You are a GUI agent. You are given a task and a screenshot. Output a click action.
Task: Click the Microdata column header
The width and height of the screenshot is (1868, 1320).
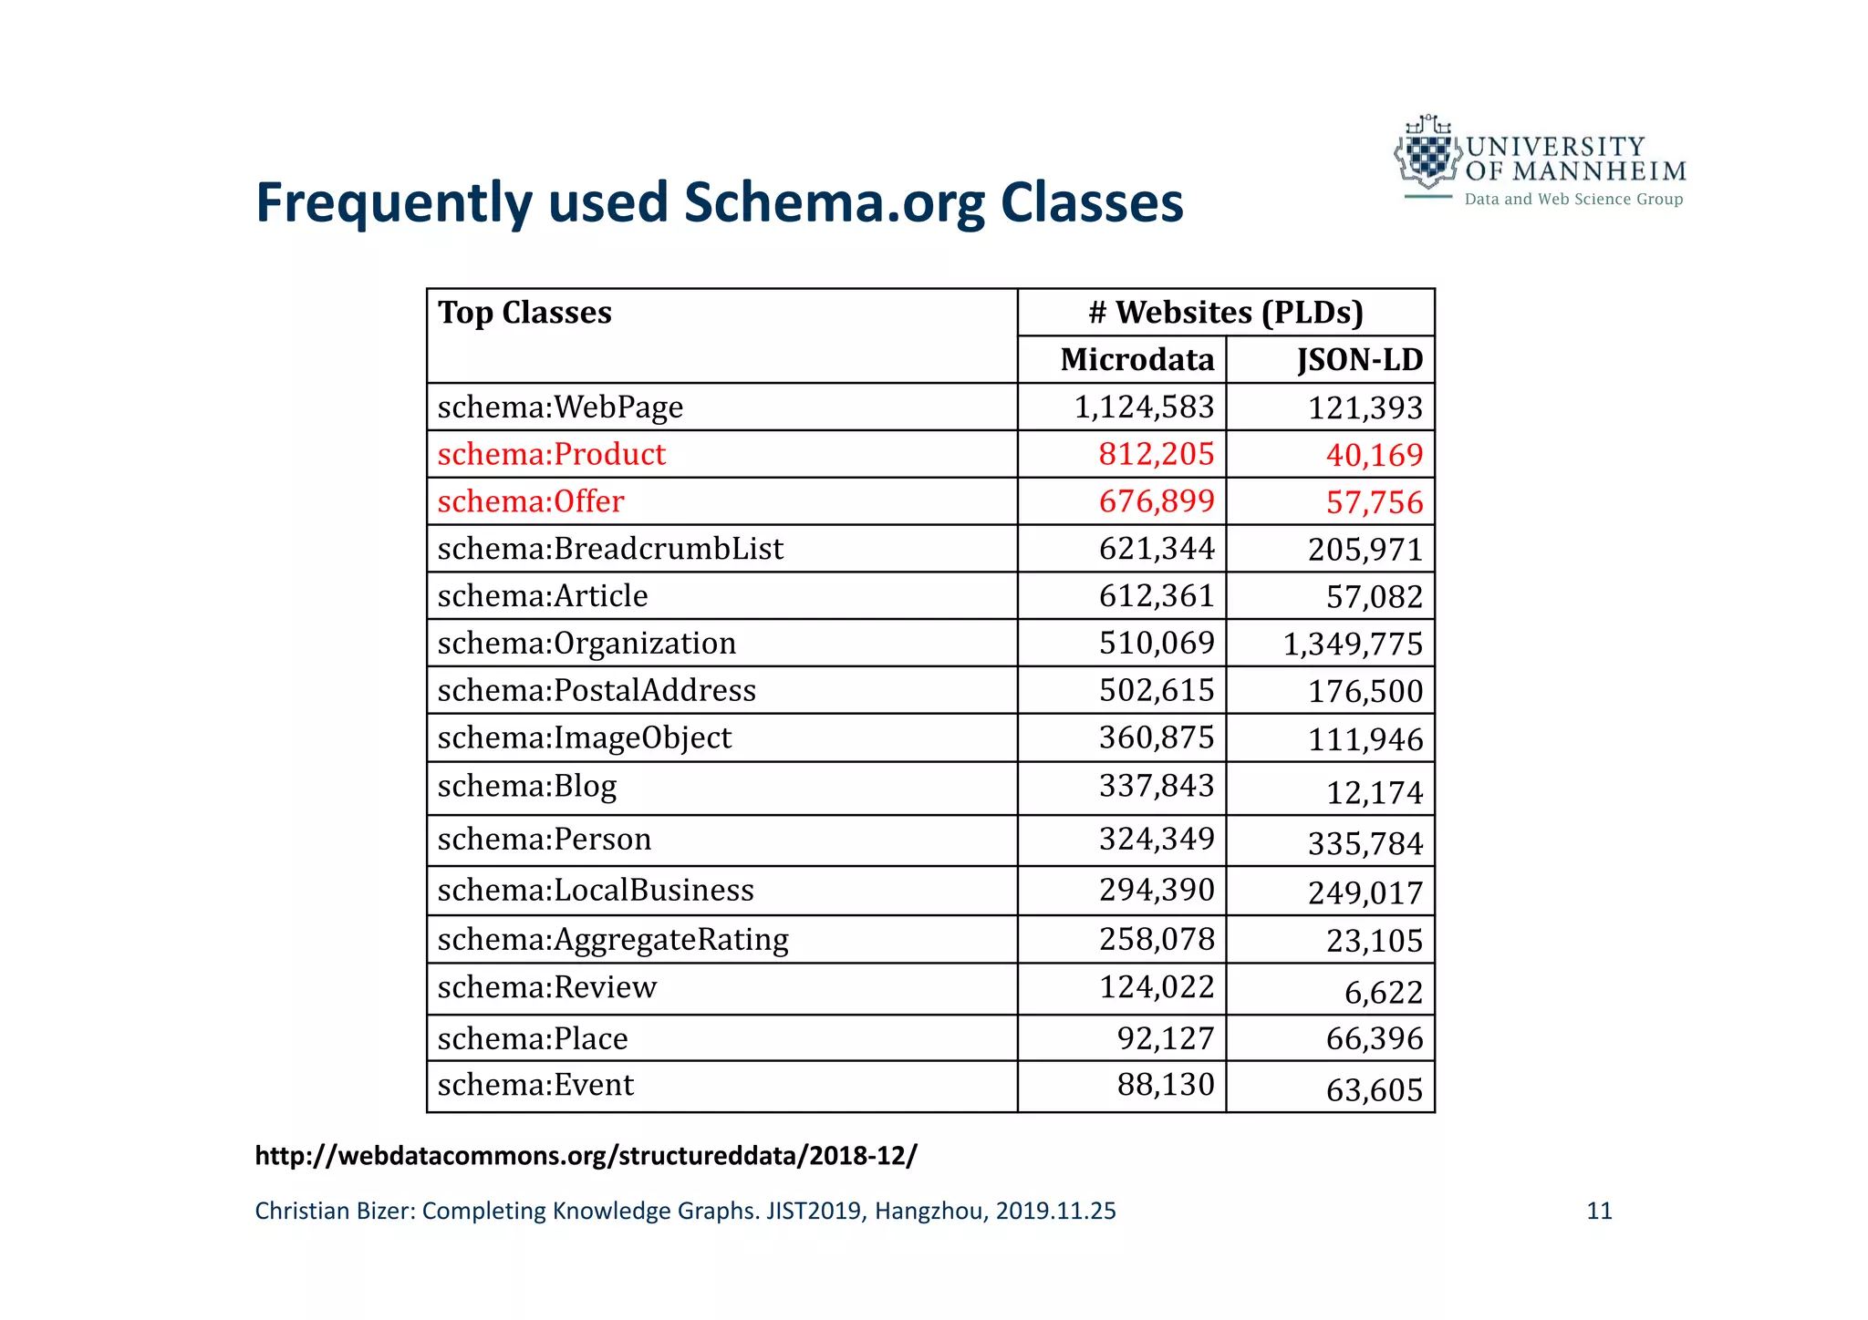pos(1136,360)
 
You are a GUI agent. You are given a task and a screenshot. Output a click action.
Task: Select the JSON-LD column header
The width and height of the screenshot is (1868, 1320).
pos(1359,360)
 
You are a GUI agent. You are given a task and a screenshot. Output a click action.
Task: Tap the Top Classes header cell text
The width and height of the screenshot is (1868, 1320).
pos(524,313)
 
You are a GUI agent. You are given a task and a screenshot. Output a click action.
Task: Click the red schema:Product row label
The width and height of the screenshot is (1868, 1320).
pos(552,454)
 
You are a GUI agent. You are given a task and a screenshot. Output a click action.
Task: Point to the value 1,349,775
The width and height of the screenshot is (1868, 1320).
pos(1353,645)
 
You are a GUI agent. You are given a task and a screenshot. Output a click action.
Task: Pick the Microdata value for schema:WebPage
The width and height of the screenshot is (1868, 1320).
pos(1144,407)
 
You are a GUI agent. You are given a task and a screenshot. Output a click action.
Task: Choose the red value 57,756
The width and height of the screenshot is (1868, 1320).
pos(1375,502)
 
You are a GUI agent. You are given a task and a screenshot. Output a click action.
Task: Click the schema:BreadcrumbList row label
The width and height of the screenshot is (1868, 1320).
pos(610,549)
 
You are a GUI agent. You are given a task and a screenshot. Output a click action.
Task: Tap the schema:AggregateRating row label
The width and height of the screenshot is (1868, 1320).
pos(613,940)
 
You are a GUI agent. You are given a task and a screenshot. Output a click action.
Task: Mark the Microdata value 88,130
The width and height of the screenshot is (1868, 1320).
pos(1166,1085)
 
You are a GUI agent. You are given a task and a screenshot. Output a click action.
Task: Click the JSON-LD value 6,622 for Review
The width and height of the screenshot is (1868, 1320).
pos(1384,992)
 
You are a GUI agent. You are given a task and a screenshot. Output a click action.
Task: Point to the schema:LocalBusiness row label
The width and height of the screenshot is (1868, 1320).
pos(596,891)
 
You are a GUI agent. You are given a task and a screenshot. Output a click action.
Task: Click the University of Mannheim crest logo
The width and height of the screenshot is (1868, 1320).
pos(1427,155)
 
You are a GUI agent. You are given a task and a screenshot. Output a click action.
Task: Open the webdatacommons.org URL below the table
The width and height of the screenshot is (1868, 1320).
pos(586,1156)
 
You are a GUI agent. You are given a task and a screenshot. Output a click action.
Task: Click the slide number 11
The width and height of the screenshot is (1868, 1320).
pos(1599,1212)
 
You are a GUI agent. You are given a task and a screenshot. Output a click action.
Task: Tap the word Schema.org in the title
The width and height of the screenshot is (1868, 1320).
pos(834,202)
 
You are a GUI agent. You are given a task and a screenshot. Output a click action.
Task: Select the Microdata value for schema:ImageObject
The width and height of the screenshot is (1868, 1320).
pos(1157,737)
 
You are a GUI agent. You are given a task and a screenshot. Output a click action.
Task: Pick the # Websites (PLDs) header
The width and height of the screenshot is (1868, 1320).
pos(1226,313)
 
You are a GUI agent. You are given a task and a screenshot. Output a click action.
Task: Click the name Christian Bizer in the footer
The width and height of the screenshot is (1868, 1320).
pos(334,1212)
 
